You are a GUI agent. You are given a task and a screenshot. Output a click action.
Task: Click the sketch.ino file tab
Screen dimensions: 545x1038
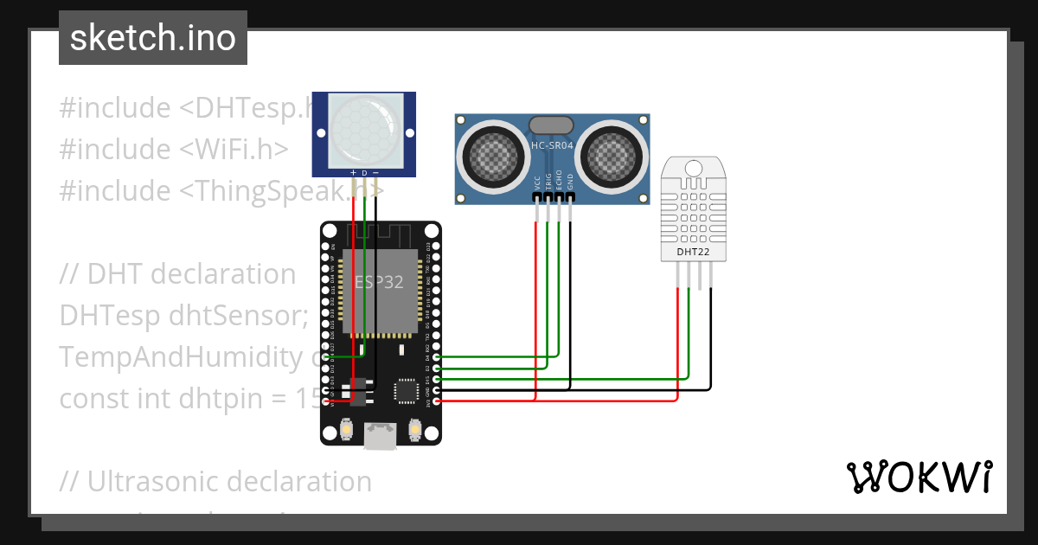point(153,38)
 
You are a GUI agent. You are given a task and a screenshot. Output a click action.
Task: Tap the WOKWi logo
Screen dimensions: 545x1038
point(919,477)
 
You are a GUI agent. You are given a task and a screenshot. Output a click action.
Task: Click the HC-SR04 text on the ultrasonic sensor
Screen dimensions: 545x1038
point(552,146)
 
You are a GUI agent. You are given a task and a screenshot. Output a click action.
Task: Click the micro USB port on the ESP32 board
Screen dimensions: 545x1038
point(380,438)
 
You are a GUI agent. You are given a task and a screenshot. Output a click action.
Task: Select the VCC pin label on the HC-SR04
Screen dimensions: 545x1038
point(537,183)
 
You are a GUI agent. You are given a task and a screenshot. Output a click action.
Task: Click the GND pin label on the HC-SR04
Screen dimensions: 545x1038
point(570,183)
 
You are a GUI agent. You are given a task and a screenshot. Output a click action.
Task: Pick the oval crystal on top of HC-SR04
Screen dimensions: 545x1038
point(552,125)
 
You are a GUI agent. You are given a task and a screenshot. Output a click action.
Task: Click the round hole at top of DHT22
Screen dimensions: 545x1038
point(693,167)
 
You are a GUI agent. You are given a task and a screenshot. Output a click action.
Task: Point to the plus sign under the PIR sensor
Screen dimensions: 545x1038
point(353,173)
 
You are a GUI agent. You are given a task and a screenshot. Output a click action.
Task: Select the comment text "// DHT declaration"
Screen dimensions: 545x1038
point(178,274)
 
